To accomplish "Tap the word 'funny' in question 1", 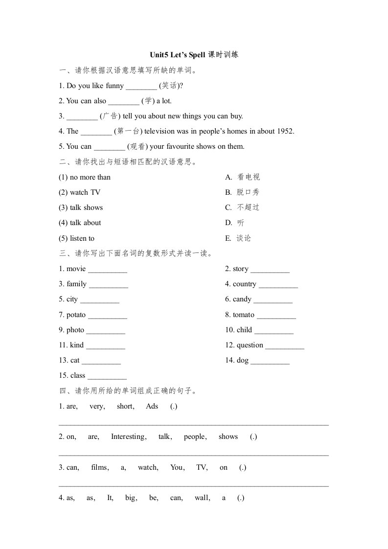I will (x=114, y=86).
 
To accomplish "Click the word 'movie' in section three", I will (x=76, y=269).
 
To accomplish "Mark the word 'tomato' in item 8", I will (x=244, y=315).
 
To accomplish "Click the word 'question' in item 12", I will (x=250, y=345).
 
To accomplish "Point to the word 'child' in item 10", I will (x=244, y=330).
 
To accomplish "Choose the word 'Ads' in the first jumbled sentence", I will (x=152, y=406).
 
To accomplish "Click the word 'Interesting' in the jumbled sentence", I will (x=128, y=436).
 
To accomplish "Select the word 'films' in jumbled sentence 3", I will (x=100, y=467).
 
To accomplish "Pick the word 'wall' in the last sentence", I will (x=202, y=498).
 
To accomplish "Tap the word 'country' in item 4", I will (x=245, y=284).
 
